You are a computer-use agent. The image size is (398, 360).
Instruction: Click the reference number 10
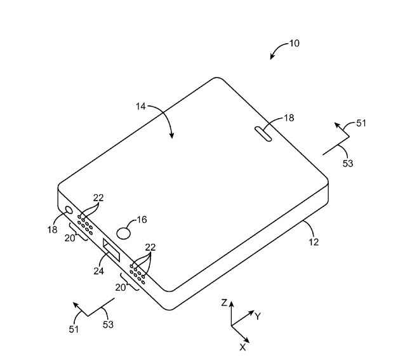tap(295, 43)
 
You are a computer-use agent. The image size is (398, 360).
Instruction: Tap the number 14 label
tap(141, 107)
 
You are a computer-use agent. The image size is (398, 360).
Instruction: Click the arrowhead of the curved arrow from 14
tap(172, 136)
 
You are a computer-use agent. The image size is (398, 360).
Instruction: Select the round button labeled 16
tap(124, 233)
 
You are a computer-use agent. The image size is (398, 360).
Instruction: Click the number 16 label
tap(142, 220)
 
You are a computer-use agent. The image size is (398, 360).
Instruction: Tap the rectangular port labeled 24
tap(112, 250)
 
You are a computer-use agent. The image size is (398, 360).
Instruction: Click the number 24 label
tap(99, 271)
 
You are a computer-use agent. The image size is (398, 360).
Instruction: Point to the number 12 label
tap(314, 242)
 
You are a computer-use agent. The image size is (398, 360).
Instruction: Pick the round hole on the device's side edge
tap(69, 210)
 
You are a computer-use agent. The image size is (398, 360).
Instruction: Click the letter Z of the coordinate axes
tap(224, 303)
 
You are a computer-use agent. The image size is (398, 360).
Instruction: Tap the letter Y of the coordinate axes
tap(258, 317)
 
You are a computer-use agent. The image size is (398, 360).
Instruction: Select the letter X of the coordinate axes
tap(242, 347)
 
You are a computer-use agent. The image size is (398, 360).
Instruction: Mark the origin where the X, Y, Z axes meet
tap(231, 326)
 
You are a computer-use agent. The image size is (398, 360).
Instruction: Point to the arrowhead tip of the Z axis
tap(231, 302)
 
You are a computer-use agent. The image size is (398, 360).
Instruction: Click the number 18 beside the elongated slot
tap(289, 118)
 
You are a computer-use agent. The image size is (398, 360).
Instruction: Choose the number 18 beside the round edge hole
tap(52, 230)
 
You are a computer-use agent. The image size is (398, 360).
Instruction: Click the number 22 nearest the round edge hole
tap(98, 197)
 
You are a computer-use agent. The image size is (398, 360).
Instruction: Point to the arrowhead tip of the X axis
tap(249, 343)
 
